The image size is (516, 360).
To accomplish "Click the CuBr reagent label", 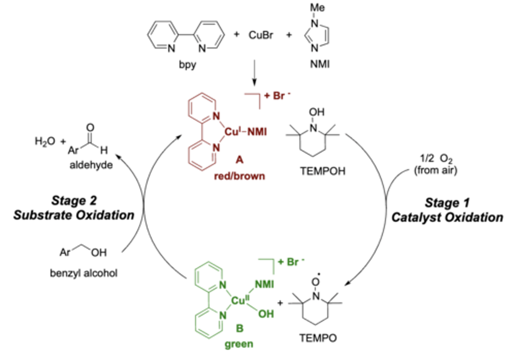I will [x=261, y=35].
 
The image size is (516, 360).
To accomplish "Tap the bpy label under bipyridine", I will [x=187, y=65].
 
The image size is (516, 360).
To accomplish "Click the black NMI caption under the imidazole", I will [x=320, y=64].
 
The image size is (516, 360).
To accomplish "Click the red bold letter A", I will [x=239, y=160].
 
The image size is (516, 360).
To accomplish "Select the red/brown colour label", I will [x=239, y=176].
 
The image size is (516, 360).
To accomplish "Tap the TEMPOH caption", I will [x=322, y=171].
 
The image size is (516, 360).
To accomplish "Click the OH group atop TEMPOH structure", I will [x=316, y=112].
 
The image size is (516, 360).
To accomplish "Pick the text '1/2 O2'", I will [x=436, y=159].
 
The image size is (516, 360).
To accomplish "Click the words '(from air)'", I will [x=436, y=170].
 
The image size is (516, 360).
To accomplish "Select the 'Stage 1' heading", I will [x=447, y=203].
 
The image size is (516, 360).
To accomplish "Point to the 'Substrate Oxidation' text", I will [x=74, y=215].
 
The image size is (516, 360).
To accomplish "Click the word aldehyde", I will [x=91, y=165].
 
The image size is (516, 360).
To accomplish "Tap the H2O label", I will [x=45, y=141].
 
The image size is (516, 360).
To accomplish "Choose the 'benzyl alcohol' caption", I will [x=83, y=273].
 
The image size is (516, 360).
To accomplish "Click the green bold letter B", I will [x=239, y=328].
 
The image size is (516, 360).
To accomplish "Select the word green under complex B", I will [x=239, y=344].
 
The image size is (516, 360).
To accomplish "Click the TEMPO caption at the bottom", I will [x=318, y=338].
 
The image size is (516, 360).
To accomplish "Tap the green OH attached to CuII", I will [x=266, y=314].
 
